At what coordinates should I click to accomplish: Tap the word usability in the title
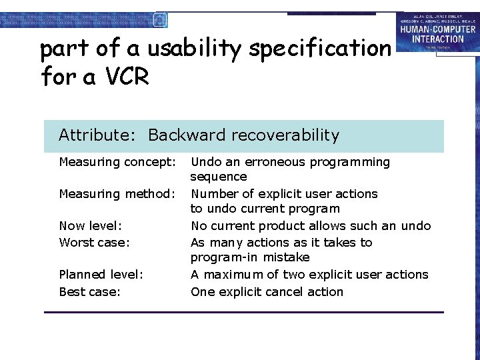pyautogui.click(x=194, y=49)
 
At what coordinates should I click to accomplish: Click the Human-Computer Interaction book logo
pyautogui.click(x=437, y=32)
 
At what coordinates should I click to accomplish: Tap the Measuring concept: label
pyautogui.click(x=117, y=162)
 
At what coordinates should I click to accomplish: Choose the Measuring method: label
pyautogui.click(x=117, y=194)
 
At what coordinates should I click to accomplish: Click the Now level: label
pyautogui.click(x=90, y=226)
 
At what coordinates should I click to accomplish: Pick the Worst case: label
pyautogui.click(x=94, y=243)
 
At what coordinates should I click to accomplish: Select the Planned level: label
pyautogui.click(x=101, y=275)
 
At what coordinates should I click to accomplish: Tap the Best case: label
pyautogui.click(x=90, y=292)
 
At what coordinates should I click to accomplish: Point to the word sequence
pyautogui.click(x=219, y=177)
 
